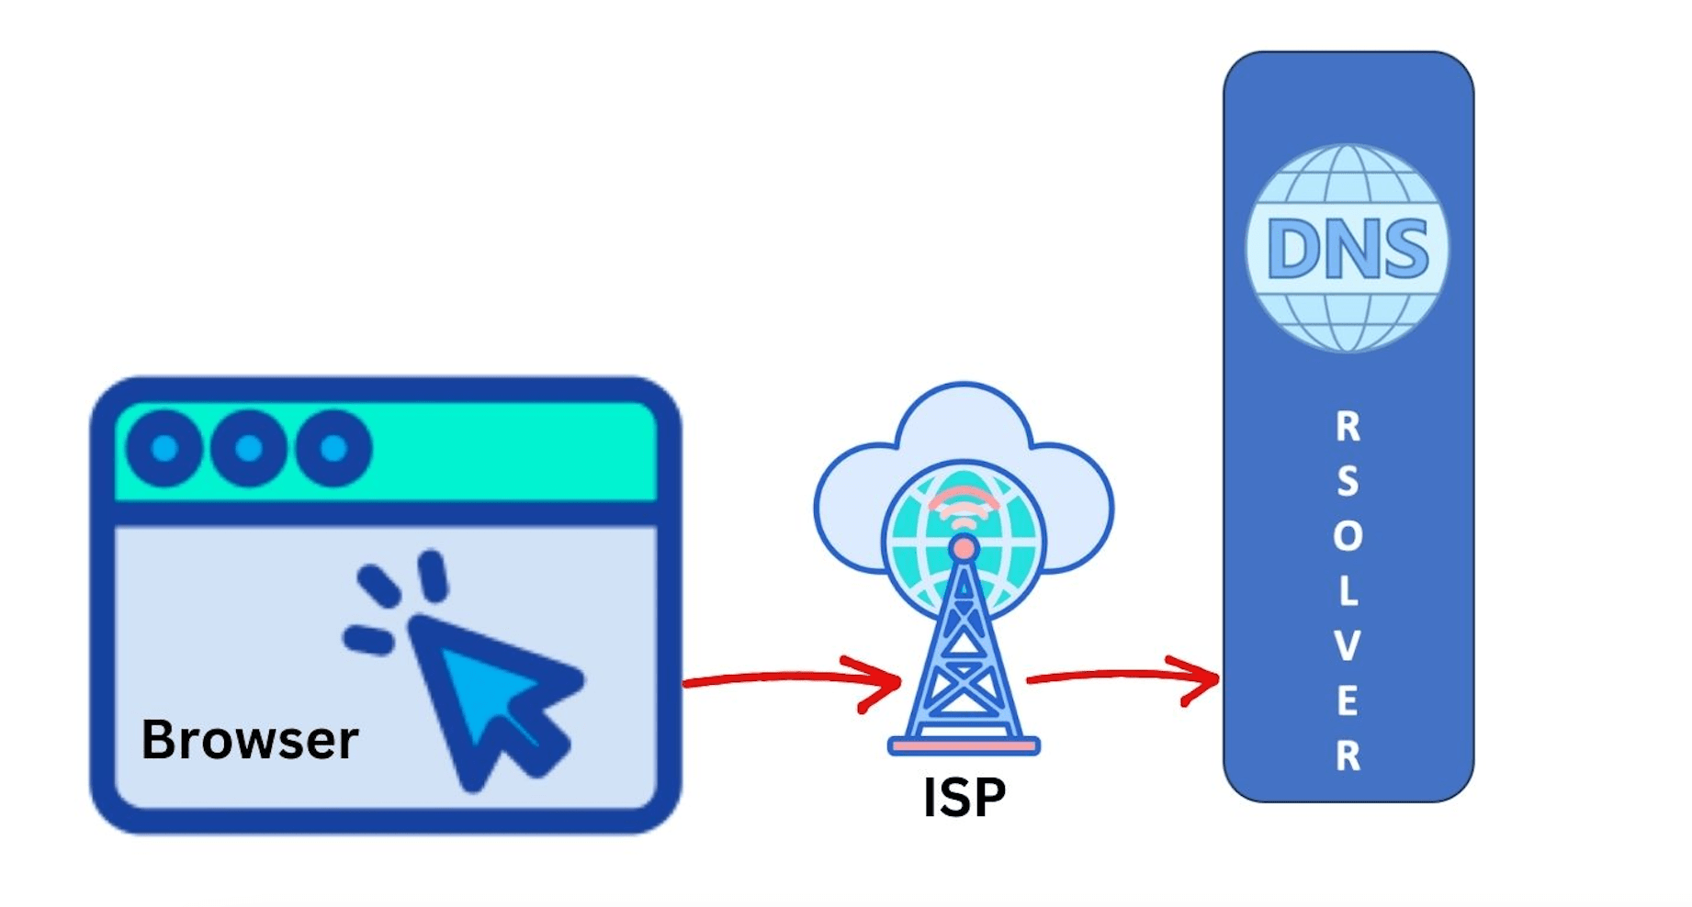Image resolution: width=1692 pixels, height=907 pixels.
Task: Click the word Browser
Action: [x=249, y=740]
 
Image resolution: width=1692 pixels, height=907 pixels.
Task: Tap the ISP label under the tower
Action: [x=964, y=798]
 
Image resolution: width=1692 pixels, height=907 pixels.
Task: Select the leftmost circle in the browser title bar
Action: [x=165, y=448]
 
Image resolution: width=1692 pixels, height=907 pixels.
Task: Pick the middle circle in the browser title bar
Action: [x=249, y=448]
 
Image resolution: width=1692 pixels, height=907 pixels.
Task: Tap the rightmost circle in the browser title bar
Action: [x=333, y=448]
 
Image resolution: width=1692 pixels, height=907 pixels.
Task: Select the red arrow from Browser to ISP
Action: [x=790, y=680]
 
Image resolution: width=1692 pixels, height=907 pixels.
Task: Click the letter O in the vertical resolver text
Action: [x=1348, y=536]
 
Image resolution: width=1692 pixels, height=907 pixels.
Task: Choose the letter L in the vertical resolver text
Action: [x=1348, y=591]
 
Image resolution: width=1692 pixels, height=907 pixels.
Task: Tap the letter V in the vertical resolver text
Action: [x=1348, y=646]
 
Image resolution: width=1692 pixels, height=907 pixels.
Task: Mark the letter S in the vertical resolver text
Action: [x=1348, y=481]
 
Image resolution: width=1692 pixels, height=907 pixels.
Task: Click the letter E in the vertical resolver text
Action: [x=1348, y=701]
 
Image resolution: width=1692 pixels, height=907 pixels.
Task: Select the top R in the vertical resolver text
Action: [x=1348, y=427]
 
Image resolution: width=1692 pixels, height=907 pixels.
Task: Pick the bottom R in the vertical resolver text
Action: [x=1348, y=756]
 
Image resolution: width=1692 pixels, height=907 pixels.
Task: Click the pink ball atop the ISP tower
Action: [x=964, y=549]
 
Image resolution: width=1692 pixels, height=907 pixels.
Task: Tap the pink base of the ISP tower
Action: [x=964, y=746]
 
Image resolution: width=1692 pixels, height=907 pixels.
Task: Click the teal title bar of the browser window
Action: [x=514, y=450]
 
